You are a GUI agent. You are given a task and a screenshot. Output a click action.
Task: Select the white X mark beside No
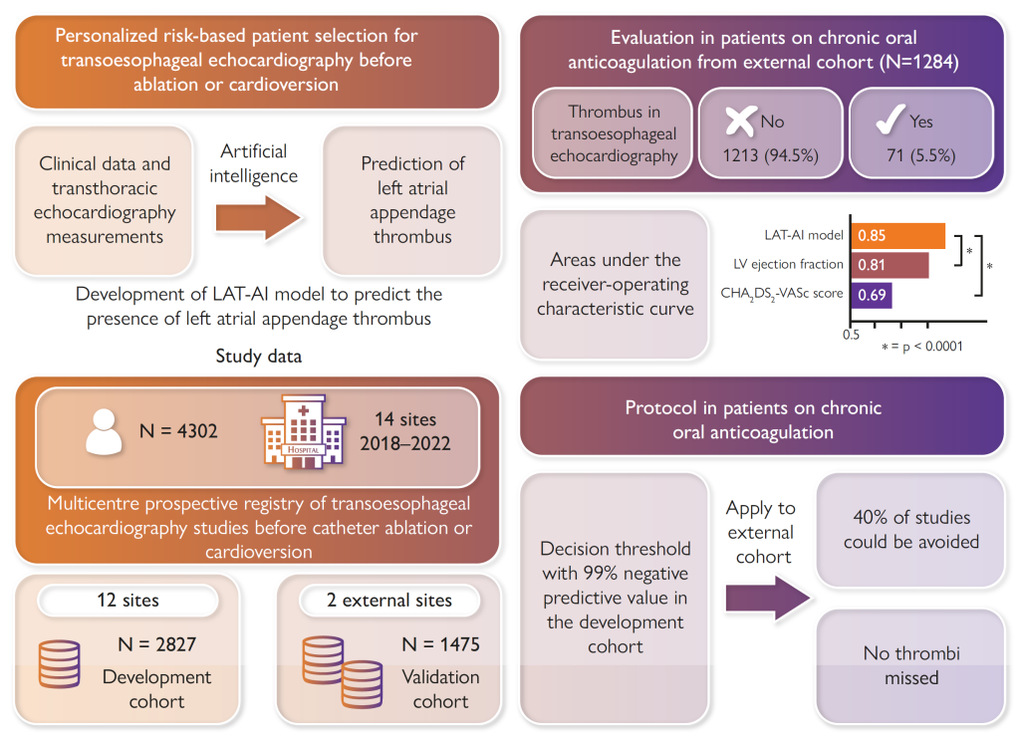click(x=738, y=122)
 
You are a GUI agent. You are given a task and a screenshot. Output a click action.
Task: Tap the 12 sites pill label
click(x=127, y=601)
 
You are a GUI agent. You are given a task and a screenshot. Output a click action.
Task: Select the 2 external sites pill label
click(x=389, y=601)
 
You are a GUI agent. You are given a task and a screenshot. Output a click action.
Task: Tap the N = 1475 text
click(x=440, y=644)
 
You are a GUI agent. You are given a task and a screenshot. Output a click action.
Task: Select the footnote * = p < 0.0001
click(x=921, y=347)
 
